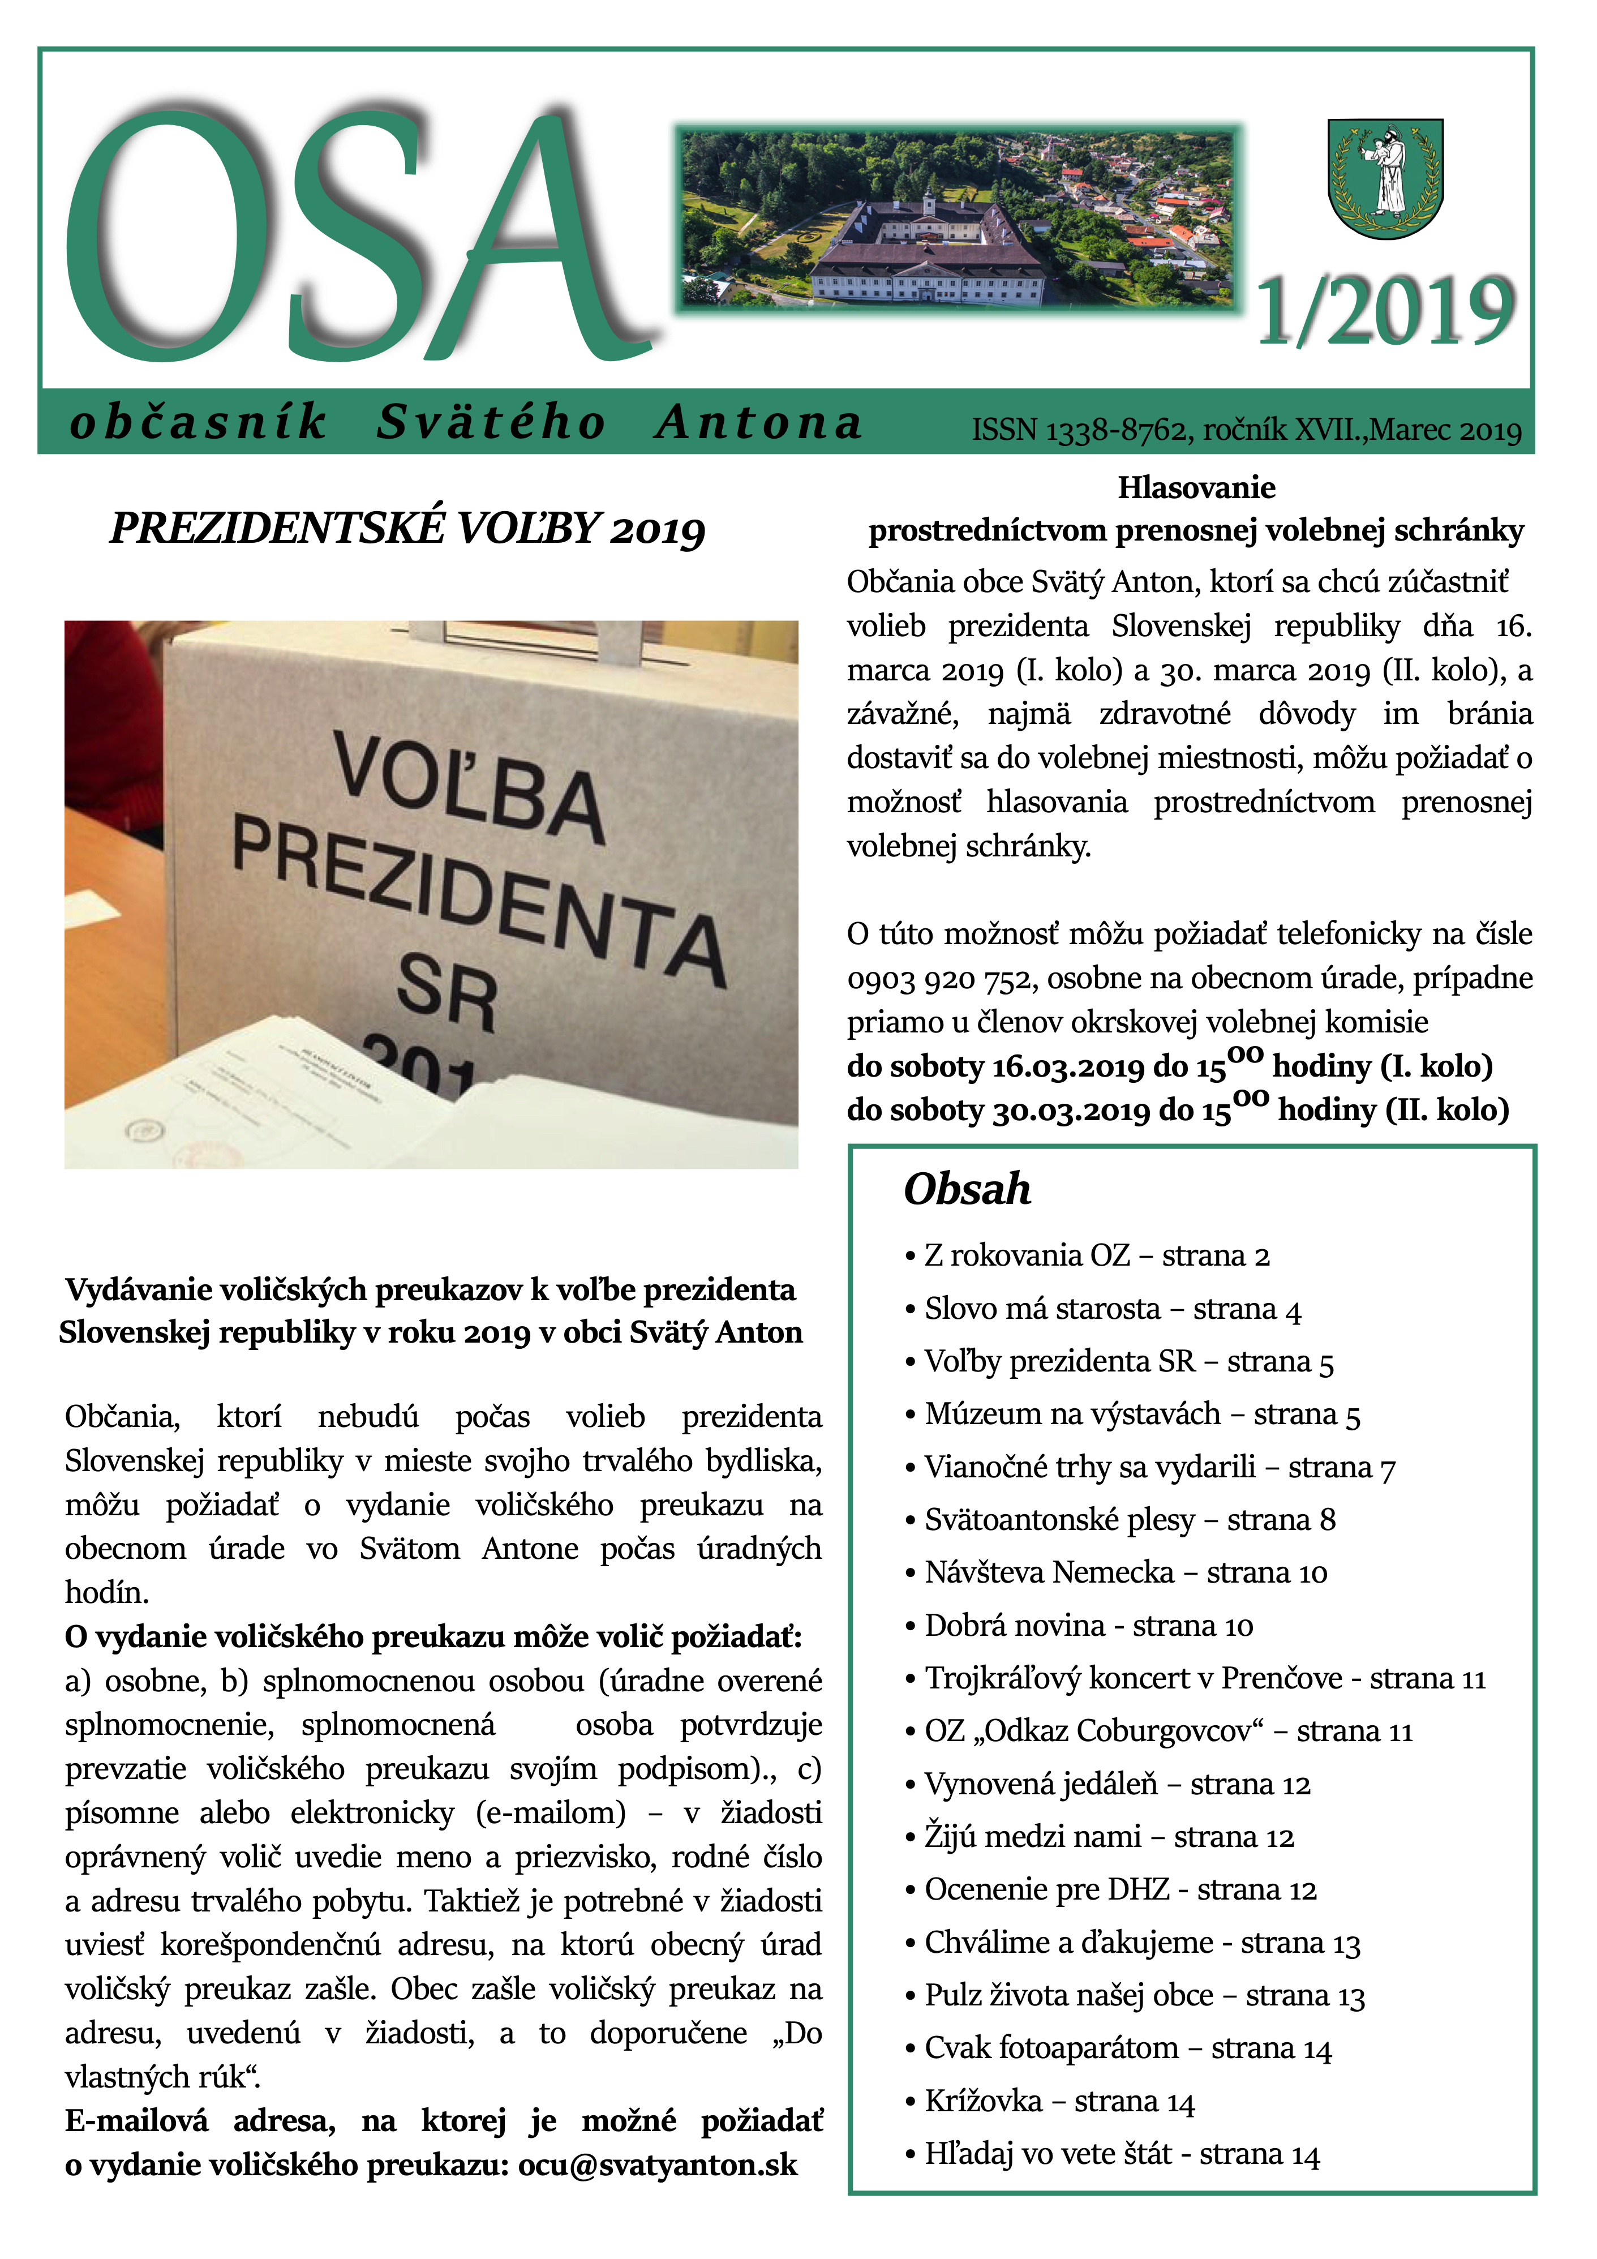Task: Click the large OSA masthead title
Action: click(354, 236)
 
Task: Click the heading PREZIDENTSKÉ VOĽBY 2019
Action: click(407, 528)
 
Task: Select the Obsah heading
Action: click(967, 1190)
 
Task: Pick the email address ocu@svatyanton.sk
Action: click(657, 2166)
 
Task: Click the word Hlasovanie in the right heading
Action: click(1196, 488)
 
